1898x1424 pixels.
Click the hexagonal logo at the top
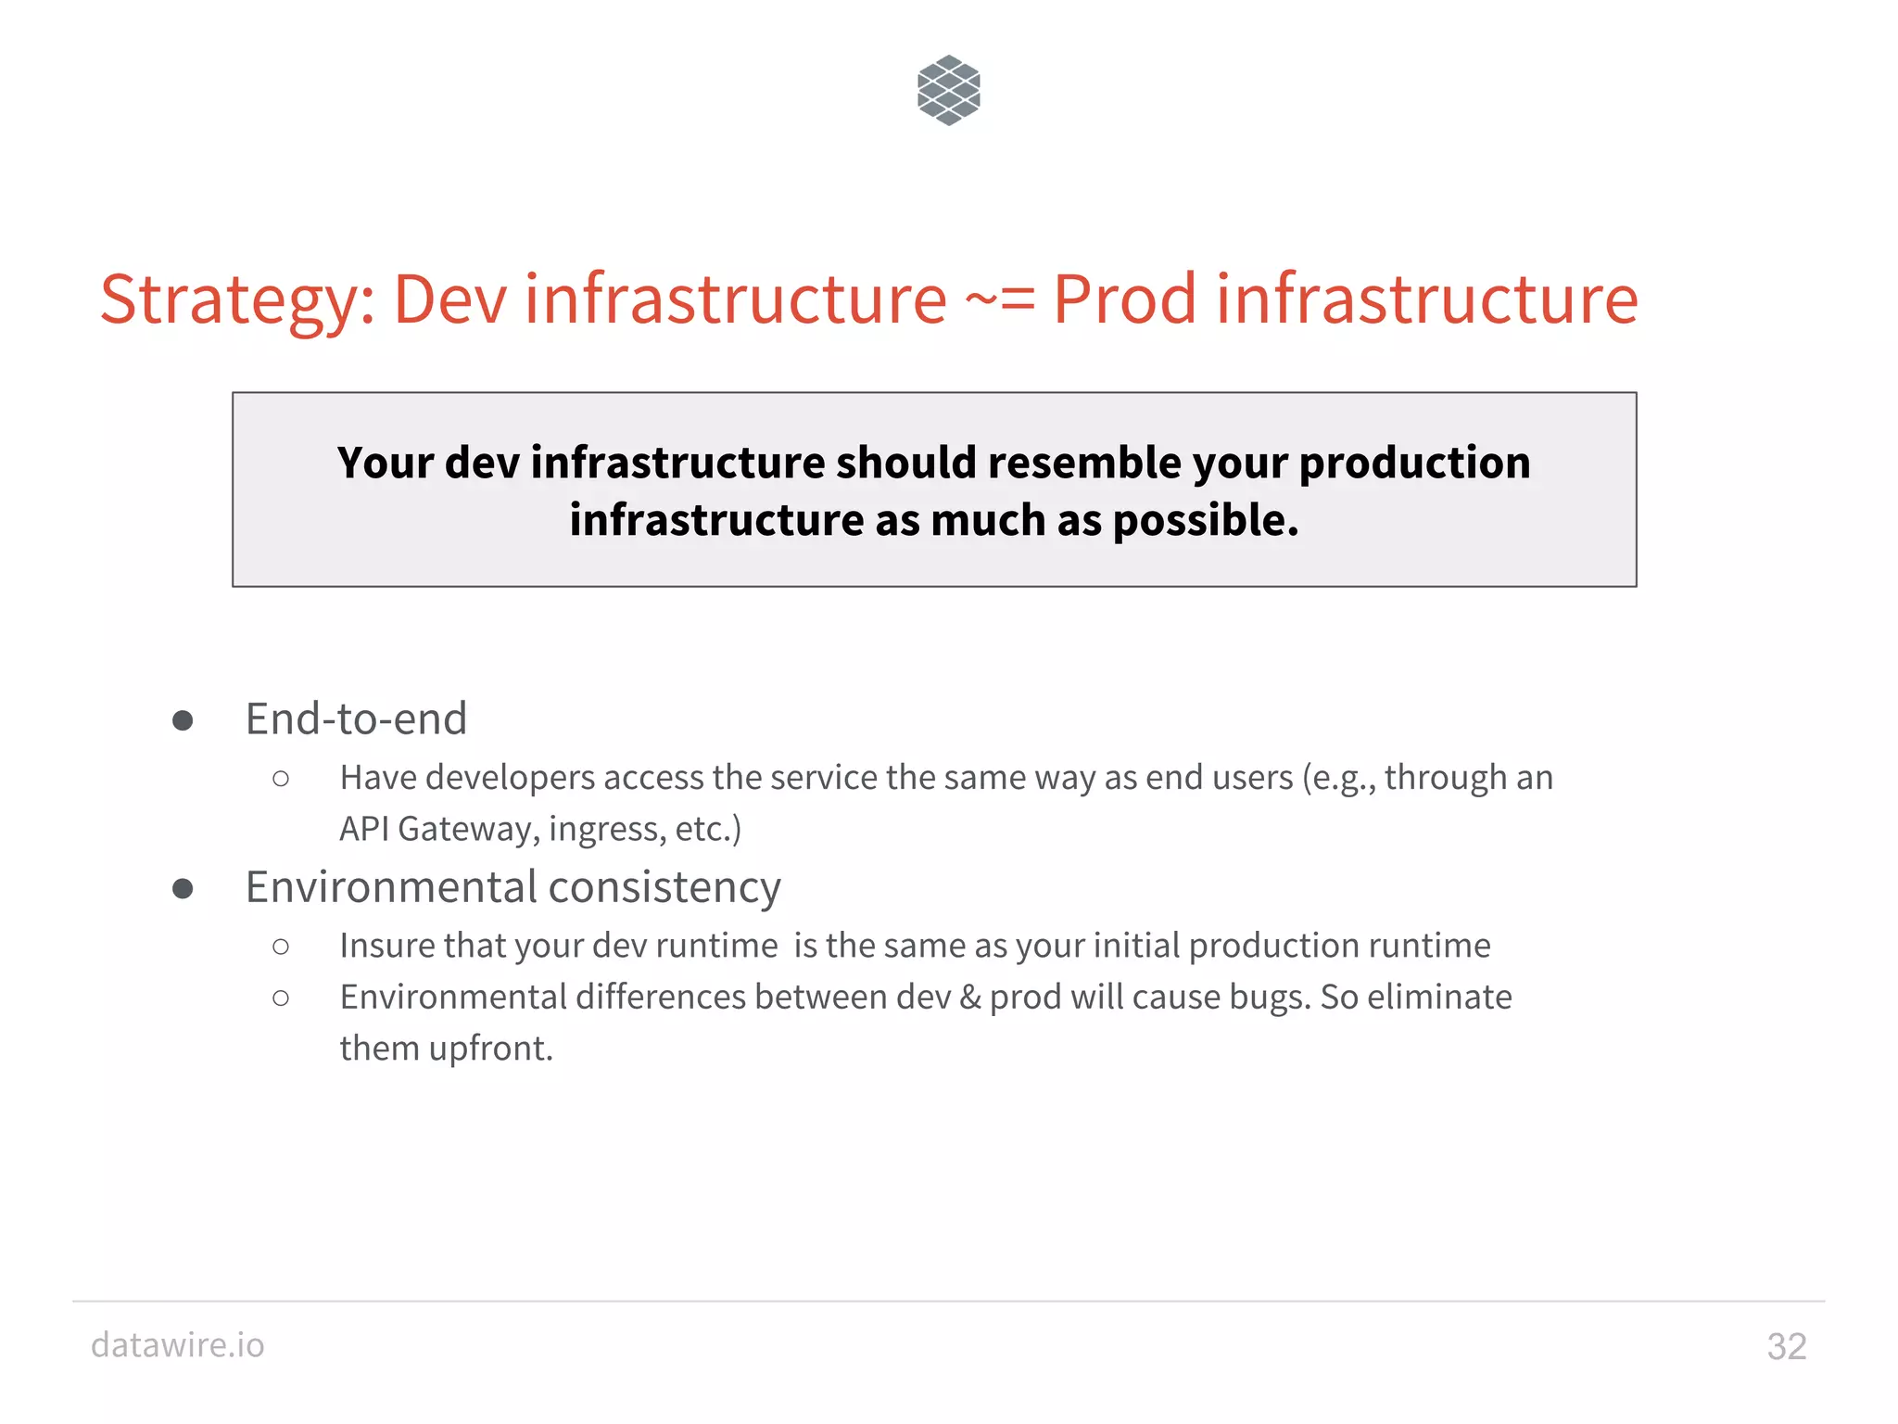[x=948, y=90]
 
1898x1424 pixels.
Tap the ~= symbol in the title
[x=999, y=299]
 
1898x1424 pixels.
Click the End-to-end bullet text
[x=356, y=718]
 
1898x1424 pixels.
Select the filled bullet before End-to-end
[x=183, y=721]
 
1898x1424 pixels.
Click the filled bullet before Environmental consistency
[x=183, y=889]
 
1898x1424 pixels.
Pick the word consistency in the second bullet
[x=665, y=887]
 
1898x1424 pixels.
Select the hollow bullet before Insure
[x=281, y=947]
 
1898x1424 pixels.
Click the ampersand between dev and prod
[x=970, y=998]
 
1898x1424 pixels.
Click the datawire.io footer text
[x=178, y=1344]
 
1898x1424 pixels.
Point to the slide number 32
[x=1786, y=1346]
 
